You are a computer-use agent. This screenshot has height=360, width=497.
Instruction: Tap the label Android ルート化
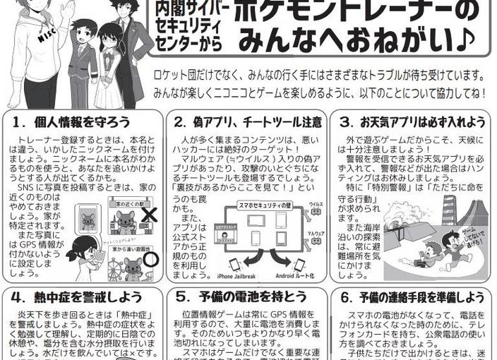coord(294,275)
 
